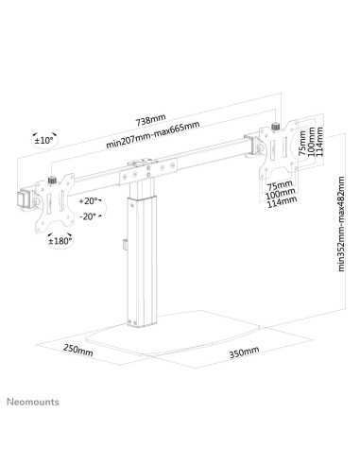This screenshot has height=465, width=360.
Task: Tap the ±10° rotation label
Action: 43,141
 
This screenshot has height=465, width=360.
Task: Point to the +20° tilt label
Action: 90,201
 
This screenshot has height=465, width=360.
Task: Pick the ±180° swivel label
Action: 60,240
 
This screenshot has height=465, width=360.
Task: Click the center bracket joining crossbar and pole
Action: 142,173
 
